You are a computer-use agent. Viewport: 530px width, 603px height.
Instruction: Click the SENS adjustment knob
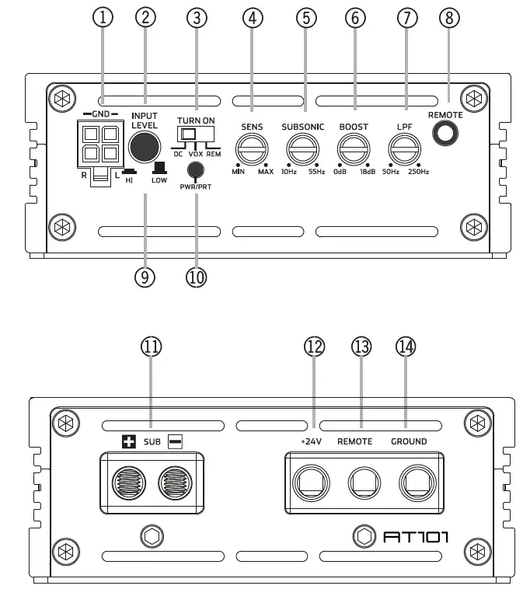tap(252, 148)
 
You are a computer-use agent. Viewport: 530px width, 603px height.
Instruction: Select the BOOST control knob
tap(353, 148)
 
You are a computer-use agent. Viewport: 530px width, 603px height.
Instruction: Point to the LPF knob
tap(403, 148)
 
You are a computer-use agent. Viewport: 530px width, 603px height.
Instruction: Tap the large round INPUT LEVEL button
tap(144, 145)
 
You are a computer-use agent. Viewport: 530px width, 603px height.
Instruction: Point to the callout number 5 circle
tap(306, 18)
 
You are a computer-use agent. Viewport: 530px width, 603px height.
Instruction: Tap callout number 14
tap(405, 347)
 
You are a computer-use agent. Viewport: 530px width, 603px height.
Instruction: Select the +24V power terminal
tap(311, 486)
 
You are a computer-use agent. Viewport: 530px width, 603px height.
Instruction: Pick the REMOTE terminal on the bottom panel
tap(361, 486)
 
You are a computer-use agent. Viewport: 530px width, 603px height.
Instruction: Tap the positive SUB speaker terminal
tap(130, 486)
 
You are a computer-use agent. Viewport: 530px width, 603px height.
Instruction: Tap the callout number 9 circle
tap(145, 277)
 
